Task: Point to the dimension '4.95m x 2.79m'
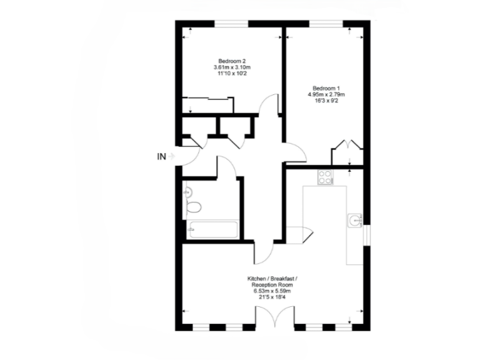(326, 94)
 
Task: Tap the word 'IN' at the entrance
(161, 157)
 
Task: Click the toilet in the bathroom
(194, 207)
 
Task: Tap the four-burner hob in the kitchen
(326, 177)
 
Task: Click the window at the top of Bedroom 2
(232, 24)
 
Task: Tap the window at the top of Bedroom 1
(326, 24)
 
